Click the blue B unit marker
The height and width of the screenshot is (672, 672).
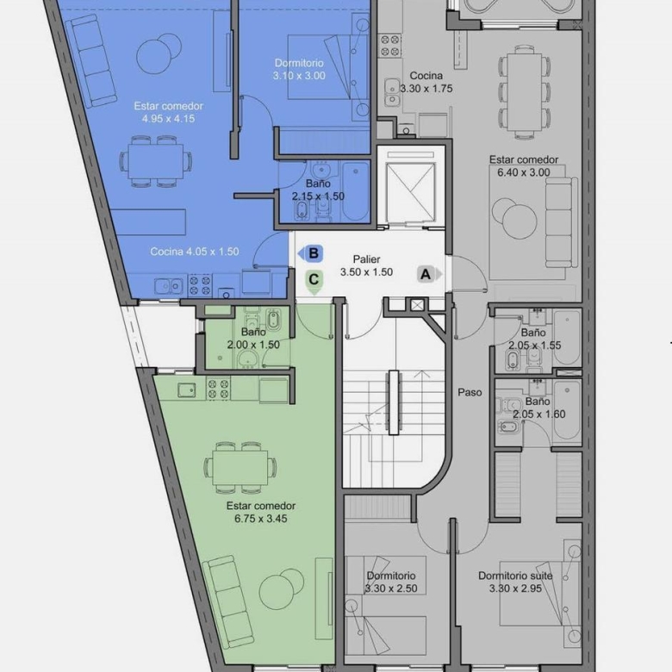click(311, 253)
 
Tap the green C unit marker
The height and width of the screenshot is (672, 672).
click(314, 281)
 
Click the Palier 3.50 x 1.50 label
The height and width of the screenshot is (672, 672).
click(366, 265)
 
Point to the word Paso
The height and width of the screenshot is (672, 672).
click(470, 392)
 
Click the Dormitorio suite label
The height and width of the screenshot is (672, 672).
click(515, 576)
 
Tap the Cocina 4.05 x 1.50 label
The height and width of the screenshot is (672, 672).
click(194, 252)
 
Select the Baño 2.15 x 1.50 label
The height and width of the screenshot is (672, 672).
click(318, 190)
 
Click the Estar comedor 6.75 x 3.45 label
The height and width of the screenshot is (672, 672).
click(260, 512)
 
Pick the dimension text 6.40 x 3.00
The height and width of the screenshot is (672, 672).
click(524, 172)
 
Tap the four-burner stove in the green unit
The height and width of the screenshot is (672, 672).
click(218, 389)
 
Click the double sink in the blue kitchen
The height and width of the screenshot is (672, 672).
click(169, 286)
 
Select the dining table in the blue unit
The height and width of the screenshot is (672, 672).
click(156, 162)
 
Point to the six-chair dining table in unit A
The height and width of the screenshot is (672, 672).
click(524, 92)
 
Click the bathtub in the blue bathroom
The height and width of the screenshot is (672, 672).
click(356, 191)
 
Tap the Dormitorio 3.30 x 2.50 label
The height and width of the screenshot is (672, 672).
click(391, 582)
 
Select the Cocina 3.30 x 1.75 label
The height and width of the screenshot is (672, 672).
click(426, 83)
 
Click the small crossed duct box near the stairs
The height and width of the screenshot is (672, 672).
click(417, 305)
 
